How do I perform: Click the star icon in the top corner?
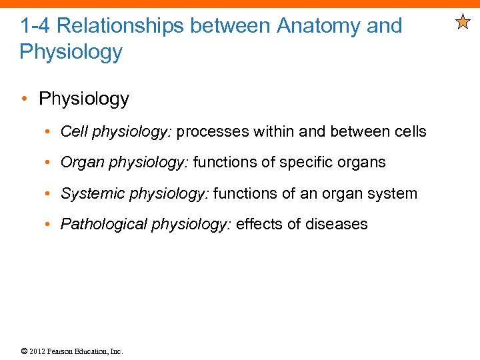click(x=463, y=23)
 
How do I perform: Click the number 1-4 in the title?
click(x=34, y=26)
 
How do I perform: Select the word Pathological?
click(x=103, y=224)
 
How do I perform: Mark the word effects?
click(x=259, y=224)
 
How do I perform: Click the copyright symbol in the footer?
click(x=24, y=351)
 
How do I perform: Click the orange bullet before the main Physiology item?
click(x=25, y=99)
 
